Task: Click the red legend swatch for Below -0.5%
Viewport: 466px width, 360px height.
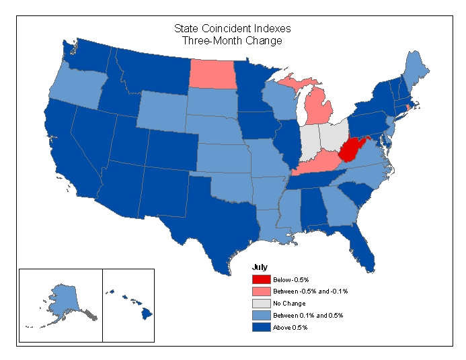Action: [x=261, y=279]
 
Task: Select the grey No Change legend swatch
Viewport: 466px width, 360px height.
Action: [x=261, y=303]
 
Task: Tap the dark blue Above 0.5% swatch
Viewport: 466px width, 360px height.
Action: [x=261, y=327]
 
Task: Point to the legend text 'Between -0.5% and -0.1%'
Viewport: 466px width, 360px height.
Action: [x=310, y=291]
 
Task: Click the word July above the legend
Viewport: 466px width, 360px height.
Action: [x=260, y=267]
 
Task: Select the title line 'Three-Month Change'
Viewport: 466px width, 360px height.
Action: [x=232, y=41]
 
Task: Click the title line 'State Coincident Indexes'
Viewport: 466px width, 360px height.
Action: [x=232, y=29]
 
